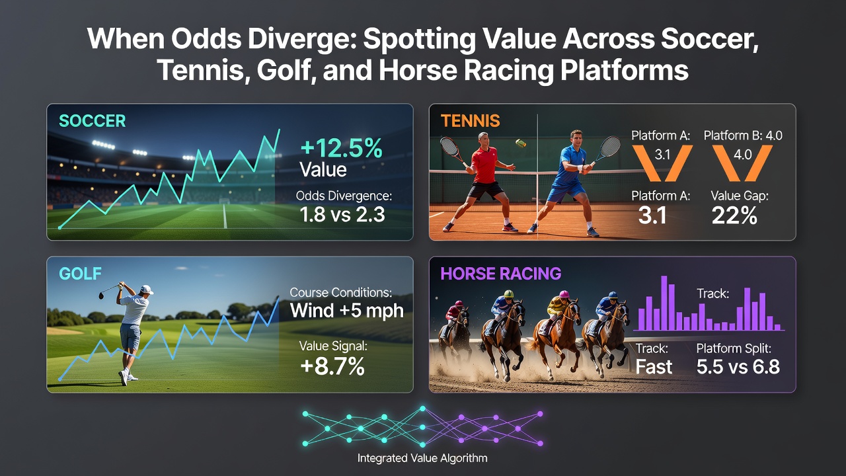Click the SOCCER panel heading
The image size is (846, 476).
click(x=92, y=121)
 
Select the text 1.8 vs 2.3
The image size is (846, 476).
click(x=342, y=214)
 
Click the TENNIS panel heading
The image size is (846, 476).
click(x=470, y=121)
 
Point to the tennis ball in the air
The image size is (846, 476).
click(x=521, y=143)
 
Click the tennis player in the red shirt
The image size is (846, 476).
click(x=480, y=181)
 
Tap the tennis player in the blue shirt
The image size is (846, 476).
click(x=570, y=182)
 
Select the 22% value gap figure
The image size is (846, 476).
click(x=734, y=216)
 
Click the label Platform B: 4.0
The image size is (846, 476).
click(x=743, y=136)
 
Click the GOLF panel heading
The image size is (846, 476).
click(x=80, y=274)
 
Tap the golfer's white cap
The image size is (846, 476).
click(x=146, y=290)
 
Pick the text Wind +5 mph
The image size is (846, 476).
click(x=347, y=311)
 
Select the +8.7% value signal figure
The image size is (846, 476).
click(x=332, y=366)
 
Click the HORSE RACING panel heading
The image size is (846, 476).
click(x=501, y=274)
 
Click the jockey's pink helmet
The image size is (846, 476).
click(x=564, y=294)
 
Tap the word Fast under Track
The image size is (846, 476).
click(x=654, y=367)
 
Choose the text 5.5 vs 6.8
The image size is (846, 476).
click(x=738, y=367)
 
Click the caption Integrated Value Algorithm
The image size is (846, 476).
click(x=422, y=458)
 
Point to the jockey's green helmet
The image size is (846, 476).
click(x=509, y=294)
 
